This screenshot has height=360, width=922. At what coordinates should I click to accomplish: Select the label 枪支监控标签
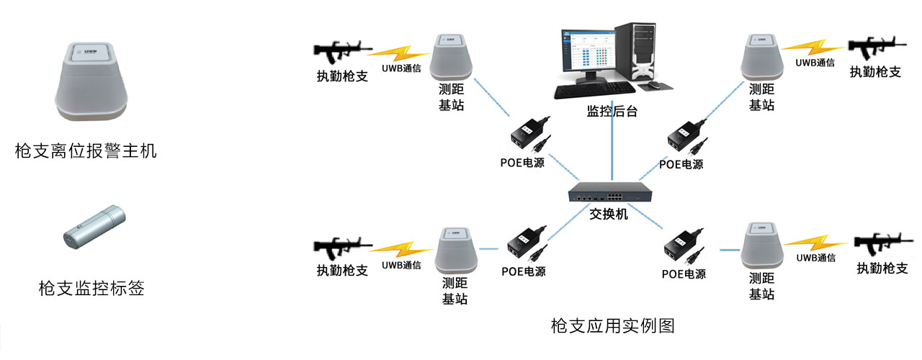91,289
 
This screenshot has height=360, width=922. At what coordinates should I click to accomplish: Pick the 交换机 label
609,214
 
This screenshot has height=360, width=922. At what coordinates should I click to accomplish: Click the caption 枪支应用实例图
612,325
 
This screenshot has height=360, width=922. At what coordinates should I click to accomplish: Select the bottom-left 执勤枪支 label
343,271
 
